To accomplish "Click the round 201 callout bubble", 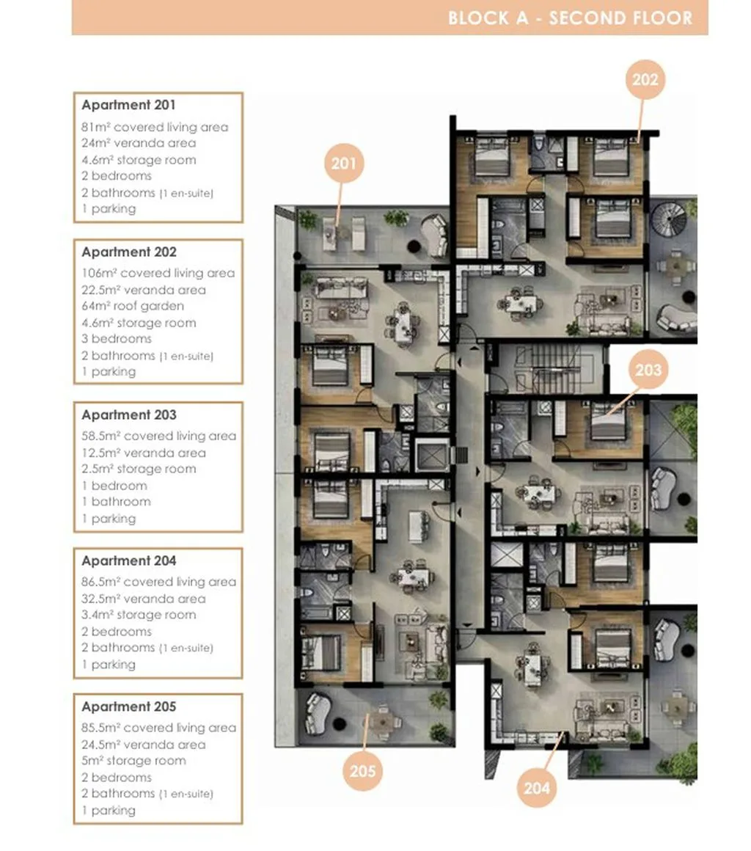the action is [344, 163].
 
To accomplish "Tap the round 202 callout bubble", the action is [645, 79].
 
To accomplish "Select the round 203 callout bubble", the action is [648, 370].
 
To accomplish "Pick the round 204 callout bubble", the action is [537, 787].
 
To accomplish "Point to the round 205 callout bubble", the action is [362, 771].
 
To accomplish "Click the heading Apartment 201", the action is [128, 105].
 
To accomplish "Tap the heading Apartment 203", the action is [129, 414].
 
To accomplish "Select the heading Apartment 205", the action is [129, 706].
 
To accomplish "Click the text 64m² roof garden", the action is [133, 306].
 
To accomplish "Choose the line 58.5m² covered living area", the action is [159, 436].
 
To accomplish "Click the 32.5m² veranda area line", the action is [144, 599].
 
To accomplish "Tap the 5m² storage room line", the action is [133, 761].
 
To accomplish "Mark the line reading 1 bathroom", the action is [116, 502].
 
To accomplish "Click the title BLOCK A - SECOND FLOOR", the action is [571, 18].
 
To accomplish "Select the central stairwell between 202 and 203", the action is [547, 368].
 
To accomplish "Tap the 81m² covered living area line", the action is [155, 127].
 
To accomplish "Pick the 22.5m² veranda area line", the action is [144, 290].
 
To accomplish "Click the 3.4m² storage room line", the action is [139, 615].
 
